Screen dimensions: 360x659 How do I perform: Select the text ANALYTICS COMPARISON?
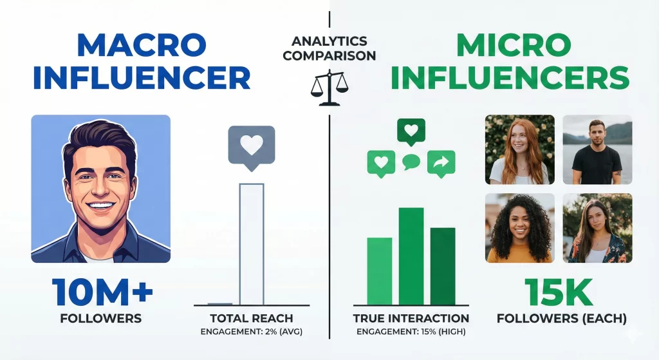(x=329, y=48)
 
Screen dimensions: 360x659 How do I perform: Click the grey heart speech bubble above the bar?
(x=251, y=146)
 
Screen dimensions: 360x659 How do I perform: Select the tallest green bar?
(x=411, y=256)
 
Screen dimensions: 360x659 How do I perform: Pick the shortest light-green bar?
(x=380, y=270)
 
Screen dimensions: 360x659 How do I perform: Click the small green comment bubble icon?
(x=411, y=162)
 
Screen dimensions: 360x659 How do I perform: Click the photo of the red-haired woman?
(x=519, y=149)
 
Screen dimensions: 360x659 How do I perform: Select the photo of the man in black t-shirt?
(x=597, y=149)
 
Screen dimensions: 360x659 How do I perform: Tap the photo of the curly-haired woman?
(x=519, y=227)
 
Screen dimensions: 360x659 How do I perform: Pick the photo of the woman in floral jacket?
(x=597, y=227)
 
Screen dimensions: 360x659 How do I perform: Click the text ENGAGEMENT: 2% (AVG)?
(x=252, y=332)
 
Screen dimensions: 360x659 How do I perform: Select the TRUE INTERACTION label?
(x=411, y=318)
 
